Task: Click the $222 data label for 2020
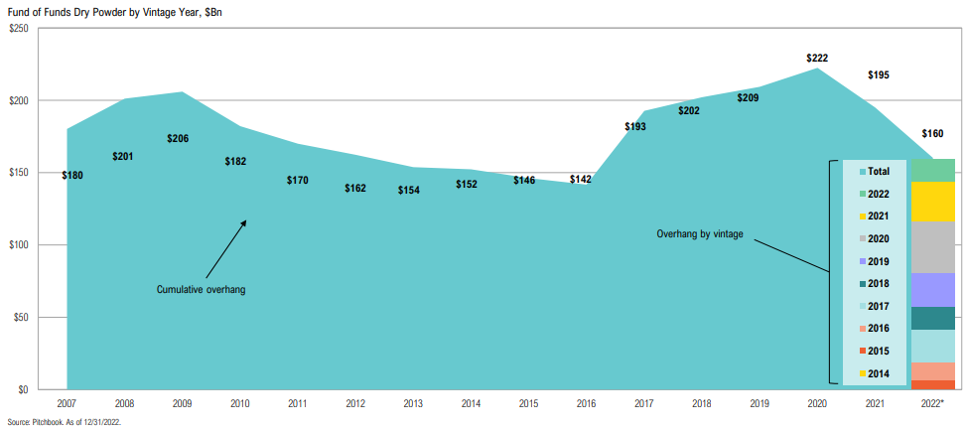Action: tap(817, 59)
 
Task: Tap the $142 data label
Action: tap(581, 180)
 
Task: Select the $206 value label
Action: tap(180, 138)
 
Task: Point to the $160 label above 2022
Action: tap(932, 133)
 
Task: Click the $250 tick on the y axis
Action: tap(18, 28)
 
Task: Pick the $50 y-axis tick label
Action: tap(21, 317)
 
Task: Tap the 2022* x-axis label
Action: tap(933, 405)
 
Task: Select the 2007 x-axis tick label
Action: tap(67, 405)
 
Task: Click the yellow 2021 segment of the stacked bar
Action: tap(932, 202)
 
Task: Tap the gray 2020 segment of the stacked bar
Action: tap(932, 247)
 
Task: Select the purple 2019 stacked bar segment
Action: tap(932, 290)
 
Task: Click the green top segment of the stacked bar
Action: tap(932, 170)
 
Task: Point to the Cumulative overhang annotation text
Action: tap(201, 289)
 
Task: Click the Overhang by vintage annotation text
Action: tap(700, 234)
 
